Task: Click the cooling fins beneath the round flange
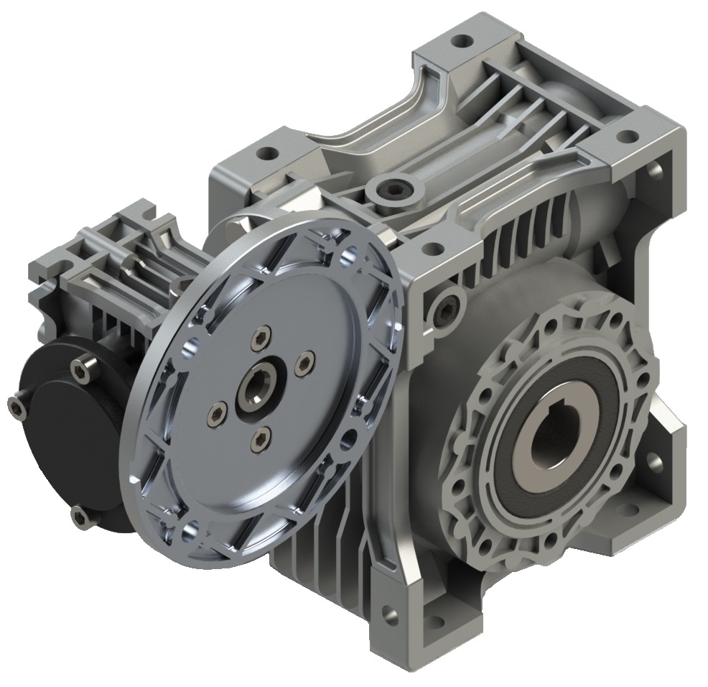pyautogui.click(x=323, y=546)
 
